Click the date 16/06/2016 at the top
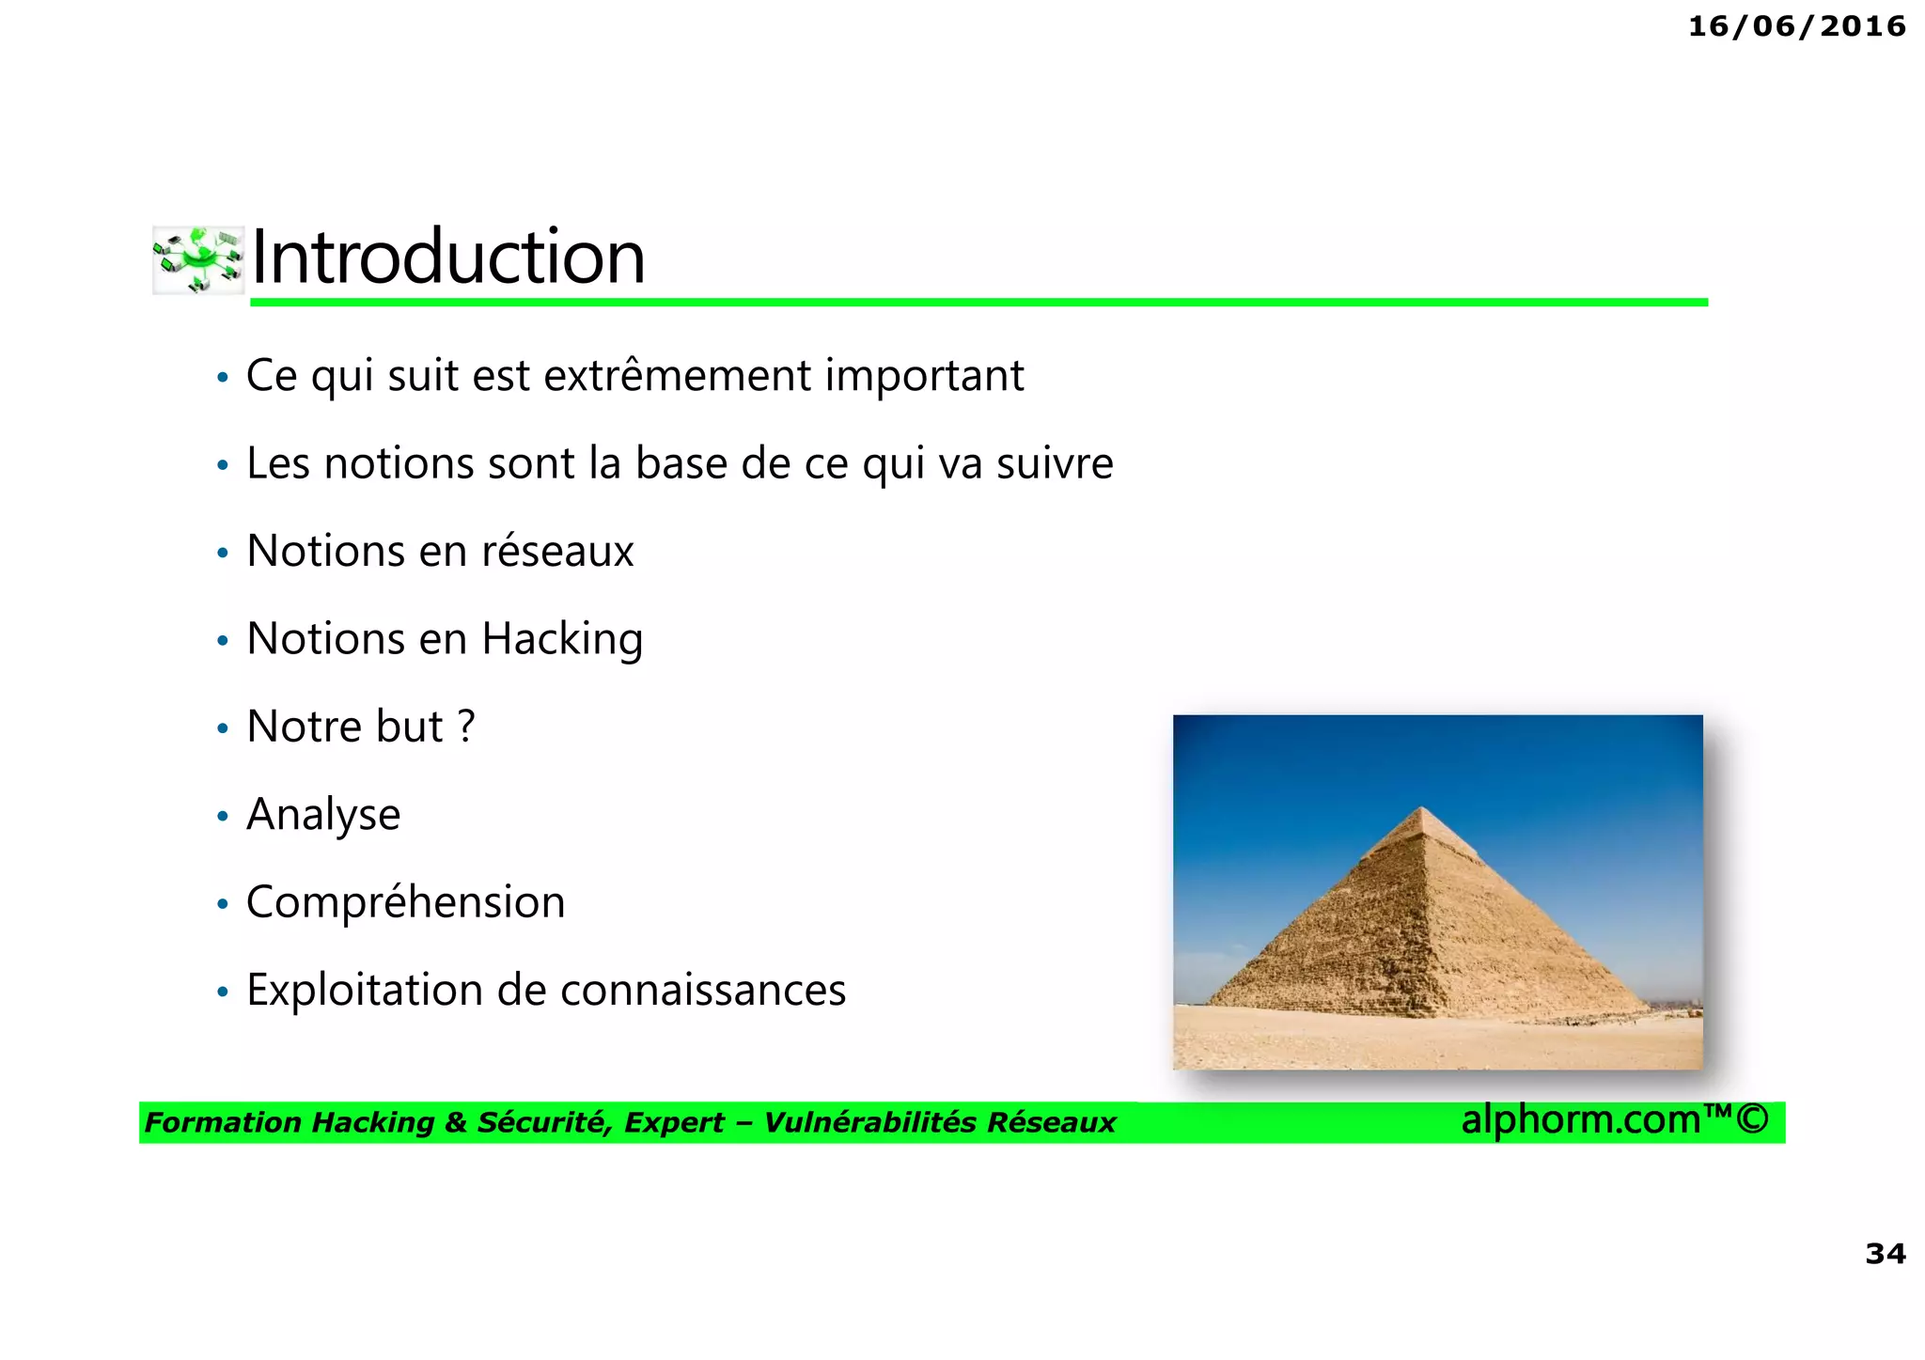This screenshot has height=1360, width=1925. tap(1796, 26)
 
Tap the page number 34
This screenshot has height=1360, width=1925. tap(1885, 1254)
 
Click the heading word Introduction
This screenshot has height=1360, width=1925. tap(448, 257)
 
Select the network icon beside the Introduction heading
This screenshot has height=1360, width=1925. tap(198, 259)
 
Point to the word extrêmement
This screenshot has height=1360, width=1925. tap(677, 376)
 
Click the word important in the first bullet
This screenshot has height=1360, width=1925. tap(924, 376)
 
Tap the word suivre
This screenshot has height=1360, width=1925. tap(1055, 463)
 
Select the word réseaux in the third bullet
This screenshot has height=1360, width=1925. tap(557, 551)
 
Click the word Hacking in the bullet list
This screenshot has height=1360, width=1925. tap(562, 639)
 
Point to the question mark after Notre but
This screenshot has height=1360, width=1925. tap(466, 727)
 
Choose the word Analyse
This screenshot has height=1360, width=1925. tap(323, 815)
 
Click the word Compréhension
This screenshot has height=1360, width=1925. tap(406, 902)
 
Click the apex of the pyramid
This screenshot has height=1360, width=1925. tap(1422, 808)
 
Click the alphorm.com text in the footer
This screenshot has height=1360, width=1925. tap(1581, 1119)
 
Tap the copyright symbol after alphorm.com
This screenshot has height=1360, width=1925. tap(1752, 1119)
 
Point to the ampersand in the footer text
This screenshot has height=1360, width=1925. tap(455, 1123)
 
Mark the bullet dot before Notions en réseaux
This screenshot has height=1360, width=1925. tap(223, 553)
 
